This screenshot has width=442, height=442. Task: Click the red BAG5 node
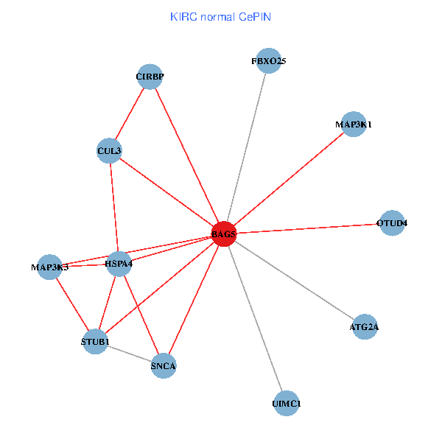223,234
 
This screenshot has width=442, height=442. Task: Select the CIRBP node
150,76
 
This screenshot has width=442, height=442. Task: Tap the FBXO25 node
268,61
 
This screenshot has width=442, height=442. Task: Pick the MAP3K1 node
354,124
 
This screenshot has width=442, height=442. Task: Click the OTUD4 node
392,222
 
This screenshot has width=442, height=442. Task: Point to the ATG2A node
365,326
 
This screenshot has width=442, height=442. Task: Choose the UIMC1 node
287,404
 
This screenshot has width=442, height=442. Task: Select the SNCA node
164,365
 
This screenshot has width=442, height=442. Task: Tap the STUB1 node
95,342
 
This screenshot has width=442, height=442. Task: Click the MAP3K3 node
49,267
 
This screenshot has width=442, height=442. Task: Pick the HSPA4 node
119,263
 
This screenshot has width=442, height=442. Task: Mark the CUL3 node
109,151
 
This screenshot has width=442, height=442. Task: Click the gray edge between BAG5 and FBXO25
246,147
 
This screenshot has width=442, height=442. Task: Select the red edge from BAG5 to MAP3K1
289,179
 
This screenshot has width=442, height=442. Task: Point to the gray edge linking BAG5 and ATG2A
295,281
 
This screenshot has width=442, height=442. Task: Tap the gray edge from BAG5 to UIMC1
255,319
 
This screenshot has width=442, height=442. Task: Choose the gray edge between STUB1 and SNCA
129,354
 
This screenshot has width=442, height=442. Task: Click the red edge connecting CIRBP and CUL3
130,113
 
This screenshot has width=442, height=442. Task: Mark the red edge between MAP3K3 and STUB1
72,304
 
